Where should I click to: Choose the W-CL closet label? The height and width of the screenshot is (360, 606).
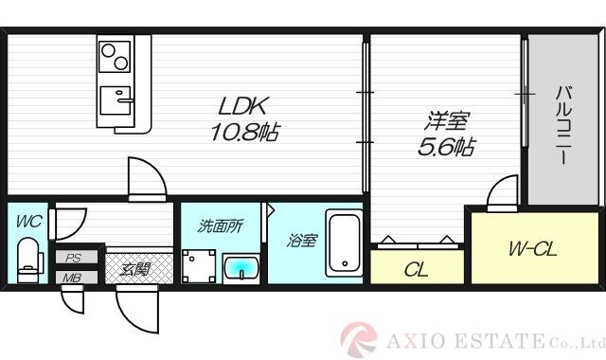click(532, 250)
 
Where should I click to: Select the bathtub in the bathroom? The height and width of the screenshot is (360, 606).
click(343, 243)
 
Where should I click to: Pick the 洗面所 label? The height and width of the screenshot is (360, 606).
click(220, 226)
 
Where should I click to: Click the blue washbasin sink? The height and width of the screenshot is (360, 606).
click(242, 266)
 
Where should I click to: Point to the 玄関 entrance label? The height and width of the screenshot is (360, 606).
click(134, 268)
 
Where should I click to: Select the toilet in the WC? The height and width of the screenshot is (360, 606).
click(27, 258)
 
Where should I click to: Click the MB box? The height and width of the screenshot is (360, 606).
click(72, 278)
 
